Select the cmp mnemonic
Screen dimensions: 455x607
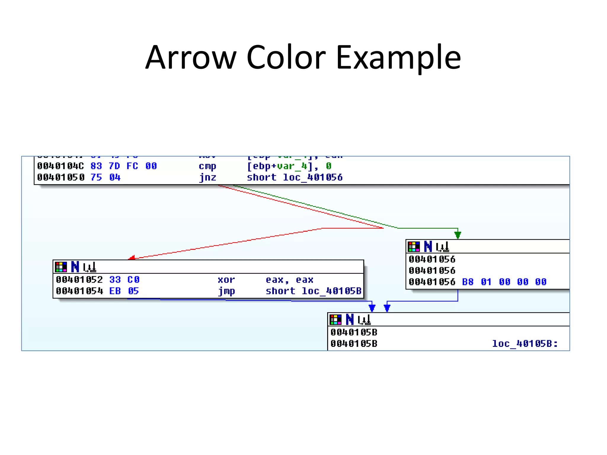pos(207,166)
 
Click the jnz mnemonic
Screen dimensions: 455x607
pos(207,177)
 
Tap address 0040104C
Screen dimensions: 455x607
pos(60,166)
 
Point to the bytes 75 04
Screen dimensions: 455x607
pos(106,177)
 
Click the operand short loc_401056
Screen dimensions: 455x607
pos(295,177)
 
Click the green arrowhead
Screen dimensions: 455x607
pos(458,235)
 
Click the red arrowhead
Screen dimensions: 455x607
pos(132,257)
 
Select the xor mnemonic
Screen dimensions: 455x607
pos(226,280)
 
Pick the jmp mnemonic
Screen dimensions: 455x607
pos(226,291)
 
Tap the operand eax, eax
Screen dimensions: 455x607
pos(289,280)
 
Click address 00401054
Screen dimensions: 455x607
pos(79,291)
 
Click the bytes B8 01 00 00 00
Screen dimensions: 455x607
pos(504,282)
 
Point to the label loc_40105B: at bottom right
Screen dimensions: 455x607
pos(525,344)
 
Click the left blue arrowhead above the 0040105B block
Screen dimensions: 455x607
pos(372,308)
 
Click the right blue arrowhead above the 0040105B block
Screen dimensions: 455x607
pos(387,308)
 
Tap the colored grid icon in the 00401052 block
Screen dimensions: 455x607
pos(61,267)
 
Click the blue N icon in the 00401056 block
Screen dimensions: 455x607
pos(428,246)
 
